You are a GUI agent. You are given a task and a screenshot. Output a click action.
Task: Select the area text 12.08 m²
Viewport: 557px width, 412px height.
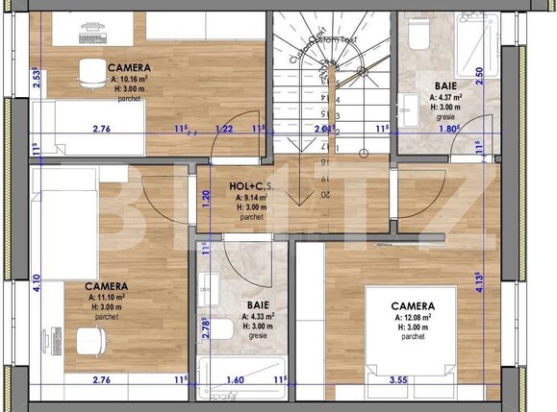point(412,316)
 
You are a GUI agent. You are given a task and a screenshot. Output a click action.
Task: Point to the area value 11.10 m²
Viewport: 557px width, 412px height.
point(107,297)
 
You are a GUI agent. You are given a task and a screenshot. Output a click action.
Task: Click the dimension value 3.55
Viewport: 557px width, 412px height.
point(399,381)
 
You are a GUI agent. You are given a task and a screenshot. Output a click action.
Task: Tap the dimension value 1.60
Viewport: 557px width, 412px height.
point(236,381)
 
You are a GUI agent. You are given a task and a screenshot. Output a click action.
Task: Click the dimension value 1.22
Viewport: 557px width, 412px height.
point(224,129)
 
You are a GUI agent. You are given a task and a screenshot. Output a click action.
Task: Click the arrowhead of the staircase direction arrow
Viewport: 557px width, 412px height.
point(302,199)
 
